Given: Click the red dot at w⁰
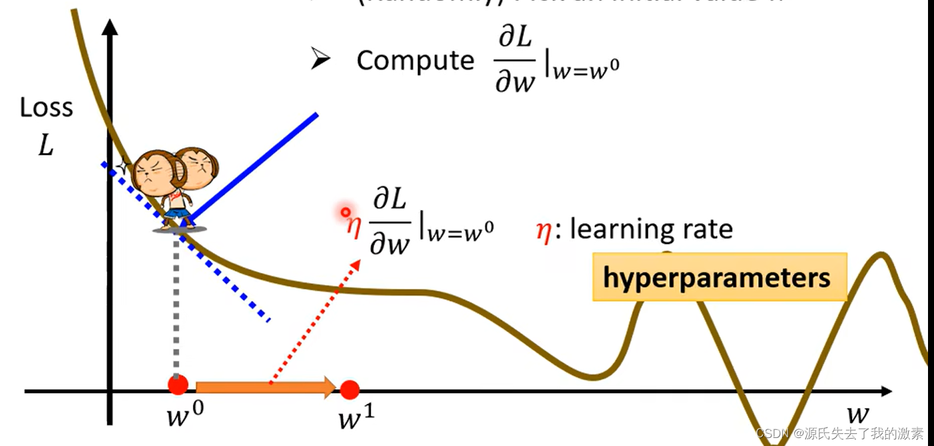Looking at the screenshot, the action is click(178, 385).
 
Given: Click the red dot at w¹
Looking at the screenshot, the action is click(350, 389).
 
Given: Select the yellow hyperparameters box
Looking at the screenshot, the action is click(719, 277).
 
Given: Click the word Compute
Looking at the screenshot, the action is click(415, 61).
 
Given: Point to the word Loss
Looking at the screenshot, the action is click(46, 108).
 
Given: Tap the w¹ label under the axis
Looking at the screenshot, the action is click(356, 419).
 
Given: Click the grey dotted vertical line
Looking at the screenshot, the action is click(176, 307).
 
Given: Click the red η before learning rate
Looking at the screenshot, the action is click(544, 231).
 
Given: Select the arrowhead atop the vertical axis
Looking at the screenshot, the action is click(111, 28).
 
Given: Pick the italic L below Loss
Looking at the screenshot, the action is click(45, 145).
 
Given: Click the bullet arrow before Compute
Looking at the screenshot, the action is click(321, 60).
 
